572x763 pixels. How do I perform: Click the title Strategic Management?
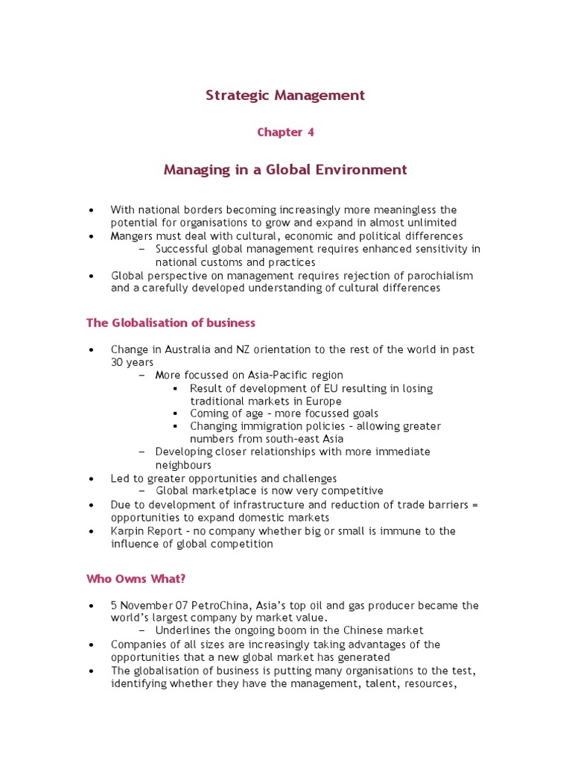click(285, 95)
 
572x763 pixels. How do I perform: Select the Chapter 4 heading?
click(285, 133)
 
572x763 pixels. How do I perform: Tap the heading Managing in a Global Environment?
click(285, 170)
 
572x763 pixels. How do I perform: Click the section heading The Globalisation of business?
click(171, 323)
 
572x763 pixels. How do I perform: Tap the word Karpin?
click(127, 531)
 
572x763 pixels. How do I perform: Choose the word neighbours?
click(183, 465)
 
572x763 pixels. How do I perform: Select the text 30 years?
click(132, 362)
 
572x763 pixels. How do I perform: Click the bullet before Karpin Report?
click(91, 531)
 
